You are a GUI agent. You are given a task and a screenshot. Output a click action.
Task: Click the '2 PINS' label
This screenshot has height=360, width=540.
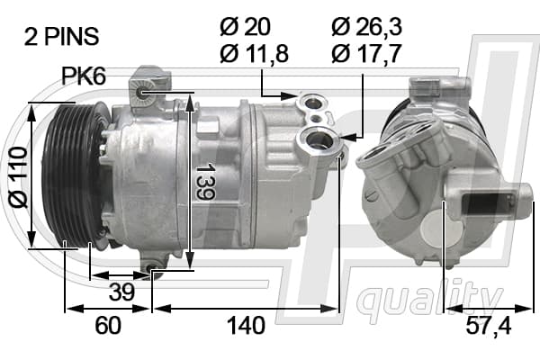point(61,37)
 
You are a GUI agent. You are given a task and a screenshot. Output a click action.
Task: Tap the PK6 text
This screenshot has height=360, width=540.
point(84,76)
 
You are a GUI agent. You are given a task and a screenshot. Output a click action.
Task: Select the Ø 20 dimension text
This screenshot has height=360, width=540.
point(245,26)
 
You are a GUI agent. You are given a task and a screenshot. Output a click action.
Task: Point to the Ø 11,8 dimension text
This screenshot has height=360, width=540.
point(254,53)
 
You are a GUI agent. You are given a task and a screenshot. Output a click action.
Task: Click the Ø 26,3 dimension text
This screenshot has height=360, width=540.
point(367,26)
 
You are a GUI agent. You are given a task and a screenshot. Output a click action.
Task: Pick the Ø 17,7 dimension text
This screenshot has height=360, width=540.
point(367,53)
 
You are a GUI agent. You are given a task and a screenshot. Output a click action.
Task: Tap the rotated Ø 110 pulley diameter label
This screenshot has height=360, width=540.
point(18,177)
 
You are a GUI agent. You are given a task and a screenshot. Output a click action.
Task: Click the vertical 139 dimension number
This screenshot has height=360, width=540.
point(205,182)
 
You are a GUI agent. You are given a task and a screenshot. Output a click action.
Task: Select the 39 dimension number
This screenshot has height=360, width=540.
point(121,292)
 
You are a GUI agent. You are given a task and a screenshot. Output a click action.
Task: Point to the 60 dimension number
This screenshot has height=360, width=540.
point(108,325)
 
